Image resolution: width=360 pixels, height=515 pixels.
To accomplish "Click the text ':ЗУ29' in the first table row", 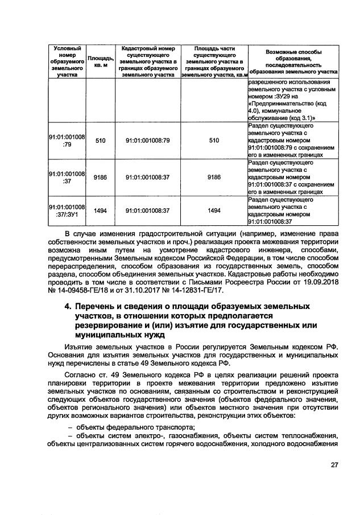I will [279, 96].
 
